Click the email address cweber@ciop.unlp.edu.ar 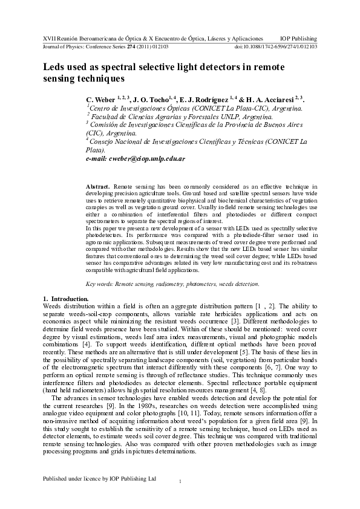pos(136,158)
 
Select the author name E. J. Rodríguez pos(206,99)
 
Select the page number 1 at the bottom pos(180,481)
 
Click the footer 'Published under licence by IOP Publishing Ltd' pos(99,478)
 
